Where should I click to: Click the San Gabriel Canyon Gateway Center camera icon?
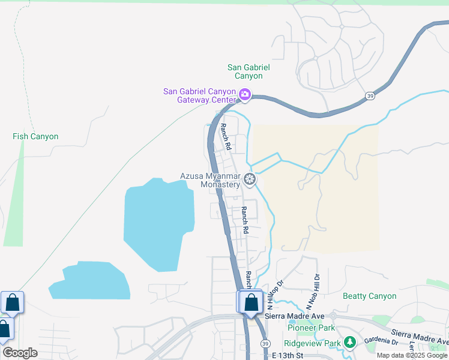(244, 94)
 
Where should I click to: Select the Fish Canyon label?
(35, 137)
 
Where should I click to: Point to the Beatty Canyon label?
(369, 296)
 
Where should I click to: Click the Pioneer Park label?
(311, 328)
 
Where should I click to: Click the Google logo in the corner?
(20, 353)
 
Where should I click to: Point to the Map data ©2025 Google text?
(412, 355)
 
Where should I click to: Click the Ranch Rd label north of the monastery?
(225, 136)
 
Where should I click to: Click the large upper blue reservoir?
(159, 222)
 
